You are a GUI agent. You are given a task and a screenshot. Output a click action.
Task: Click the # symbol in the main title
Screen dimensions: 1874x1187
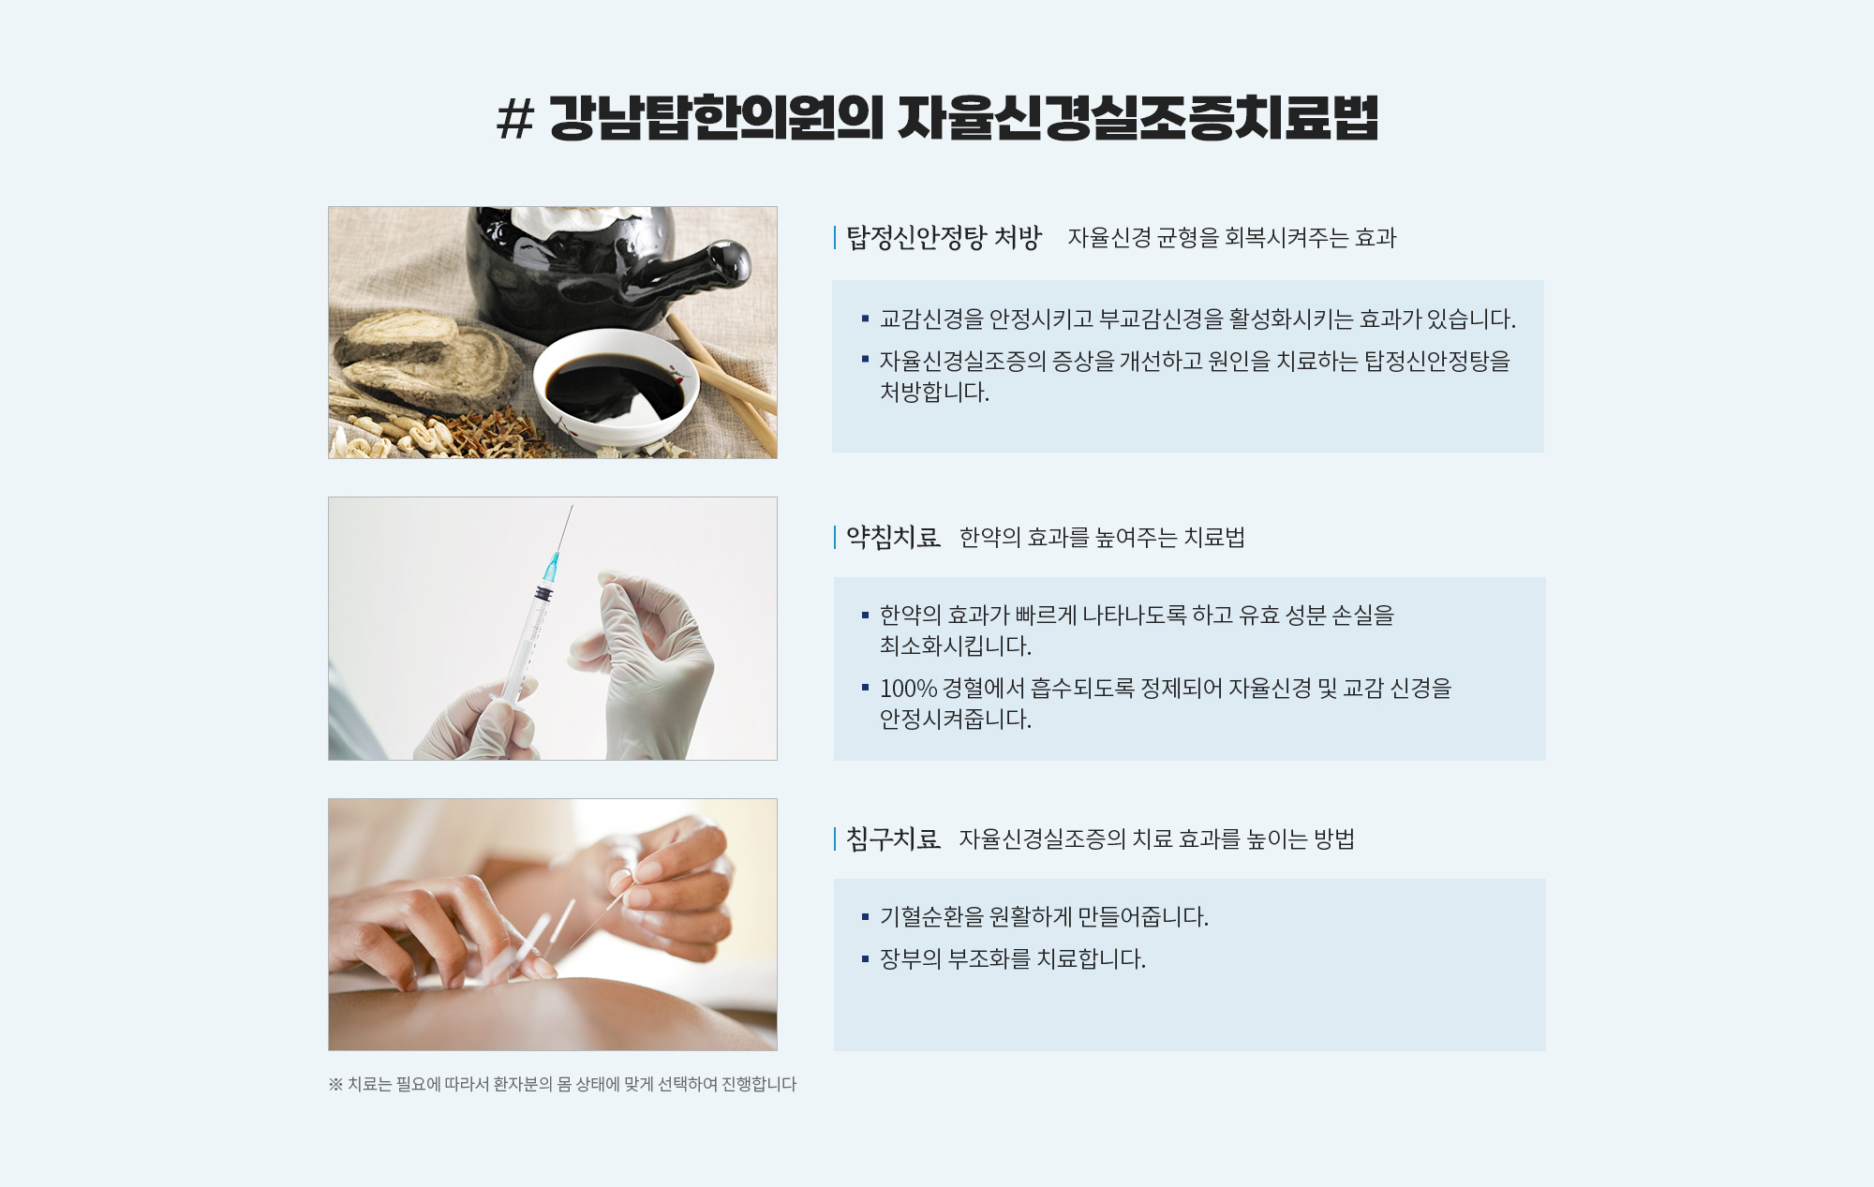coord(514,119)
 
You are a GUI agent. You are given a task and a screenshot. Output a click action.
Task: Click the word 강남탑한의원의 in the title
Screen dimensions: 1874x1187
coord(716,118)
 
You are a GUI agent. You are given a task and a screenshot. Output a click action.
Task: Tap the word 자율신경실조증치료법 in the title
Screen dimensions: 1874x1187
coord(1138,118)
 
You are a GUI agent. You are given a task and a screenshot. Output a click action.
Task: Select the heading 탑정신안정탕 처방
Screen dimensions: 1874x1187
coord(944,238)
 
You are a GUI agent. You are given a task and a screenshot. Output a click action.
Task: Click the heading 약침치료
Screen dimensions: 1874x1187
coord(893,537)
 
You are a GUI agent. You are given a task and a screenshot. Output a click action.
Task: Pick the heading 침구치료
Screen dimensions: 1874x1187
coord(893,838)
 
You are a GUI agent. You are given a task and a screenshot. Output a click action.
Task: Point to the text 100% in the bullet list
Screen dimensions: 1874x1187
coord(908,689)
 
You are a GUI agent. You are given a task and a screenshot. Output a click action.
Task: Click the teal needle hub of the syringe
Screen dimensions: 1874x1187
coord(552,567)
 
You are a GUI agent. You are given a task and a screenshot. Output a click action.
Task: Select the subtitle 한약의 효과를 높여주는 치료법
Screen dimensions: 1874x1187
coord(1102,538)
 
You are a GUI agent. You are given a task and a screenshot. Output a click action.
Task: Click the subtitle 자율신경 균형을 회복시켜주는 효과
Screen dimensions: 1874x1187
coord(1232,238)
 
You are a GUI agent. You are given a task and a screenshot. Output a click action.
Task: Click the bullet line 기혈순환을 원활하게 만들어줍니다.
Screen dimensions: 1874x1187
coord(1044,916)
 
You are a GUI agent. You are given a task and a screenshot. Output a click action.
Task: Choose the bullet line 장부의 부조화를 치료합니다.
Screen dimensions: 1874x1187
coord(1012,959)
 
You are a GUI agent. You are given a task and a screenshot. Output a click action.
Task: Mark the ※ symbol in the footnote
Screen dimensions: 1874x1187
coord(335,1084)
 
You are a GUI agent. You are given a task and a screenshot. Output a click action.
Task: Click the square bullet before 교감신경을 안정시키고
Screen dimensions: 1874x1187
coord(865,319)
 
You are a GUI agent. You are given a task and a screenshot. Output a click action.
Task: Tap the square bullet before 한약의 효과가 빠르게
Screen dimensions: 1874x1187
coord(865,616)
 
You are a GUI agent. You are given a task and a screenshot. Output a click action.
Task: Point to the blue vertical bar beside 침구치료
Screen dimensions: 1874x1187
coord(835,838)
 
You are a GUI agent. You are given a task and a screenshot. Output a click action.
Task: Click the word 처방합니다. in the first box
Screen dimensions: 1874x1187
coord(934,393)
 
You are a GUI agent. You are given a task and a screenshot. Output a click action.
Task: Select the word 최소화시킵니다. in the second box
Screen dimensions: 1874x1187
coord(955,646)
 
